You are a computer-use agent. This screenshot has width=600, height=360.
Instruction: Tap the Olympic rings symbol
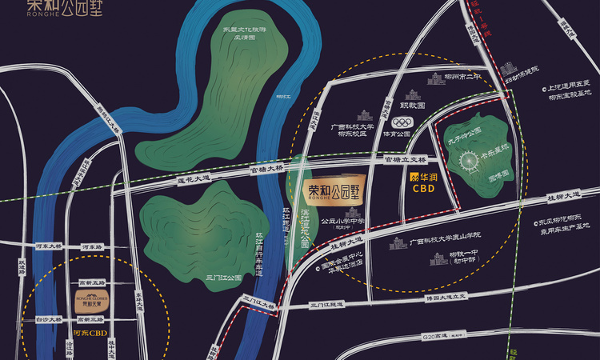pos(402,123)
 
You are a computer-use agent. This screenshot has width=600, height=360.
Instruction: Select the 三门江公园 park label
pos(223,278)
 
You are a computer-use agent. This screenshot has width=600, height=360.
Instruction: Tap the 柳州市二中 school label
pos(464,78)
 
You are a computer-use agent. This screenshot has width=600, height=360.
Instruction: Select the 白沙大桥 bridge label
pos(50,319)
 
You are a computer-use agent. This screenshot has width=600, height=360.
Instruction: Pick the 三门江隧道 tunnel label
pos(326,306)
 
